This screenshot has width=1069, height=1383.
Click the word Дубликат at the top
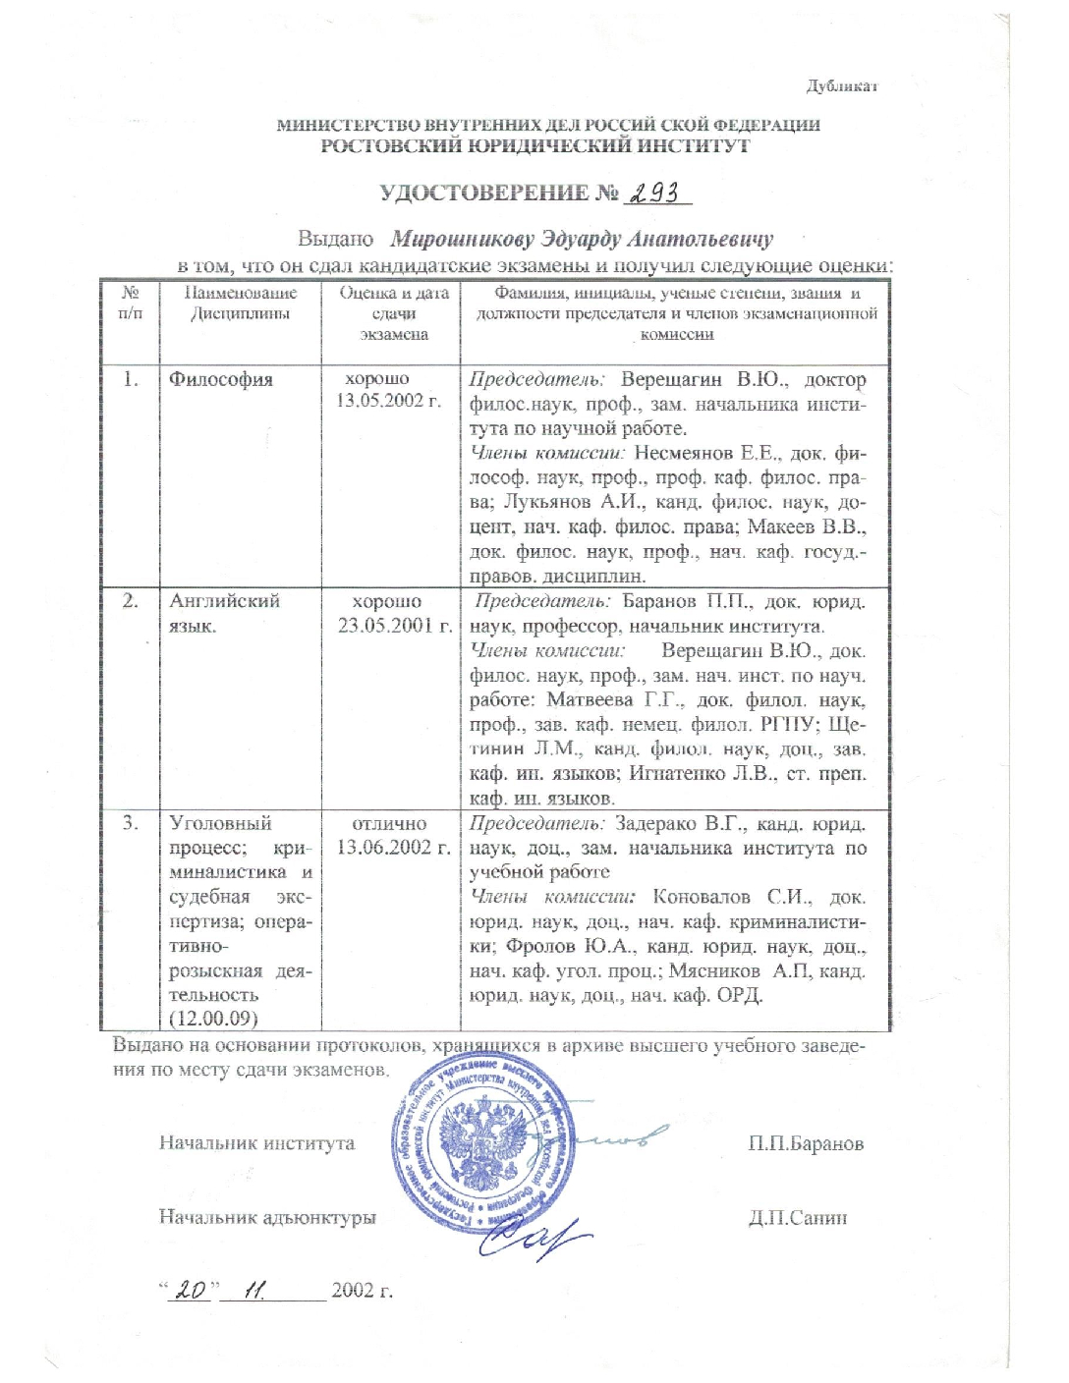click(x=841, y=86)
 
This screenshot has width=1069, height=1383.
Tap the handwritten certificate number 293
click(x=656, y=193)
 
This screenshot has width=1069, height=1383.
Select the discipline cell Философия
click(x=221, y=380)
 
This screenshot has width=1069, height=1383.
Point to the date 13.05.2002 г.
click(x=389, y=401)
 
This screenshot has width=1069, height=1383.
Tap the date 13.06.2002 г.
click(x=393, y=848)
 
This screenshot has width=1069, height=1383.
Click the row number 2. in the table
click(x=131, y=601)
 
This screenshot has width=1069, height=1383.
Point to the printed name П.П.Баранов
click(x=806, y=1144)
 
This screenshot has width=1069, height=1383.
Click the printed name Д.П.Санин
click(x=798, y=1219)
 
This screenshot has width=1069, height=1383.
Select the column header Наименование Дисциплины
click(x=241, y=304)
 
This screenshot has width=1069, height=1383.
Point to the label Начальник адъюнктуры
click(x=267, y=1218)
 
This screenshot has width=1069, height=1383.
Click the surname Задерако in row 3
click(x=657, y=823)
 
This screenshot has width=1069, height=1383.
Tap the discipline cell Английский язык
click(x=225, y=613)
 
